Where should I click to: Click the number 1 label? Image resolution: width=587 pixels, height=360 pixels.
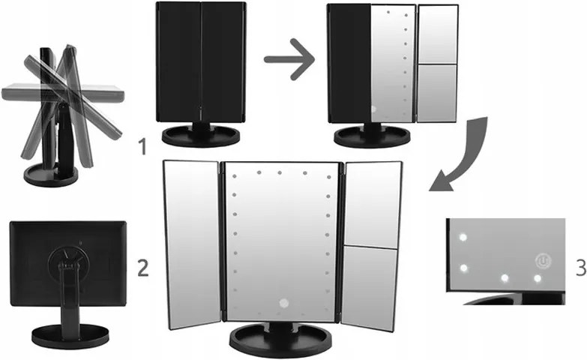pos(142,146)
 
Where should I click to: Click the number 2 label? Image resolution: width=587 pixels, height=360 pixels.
pos(143,268)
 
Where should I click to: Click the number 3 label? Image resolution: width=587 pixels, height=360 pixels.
pos(582,268)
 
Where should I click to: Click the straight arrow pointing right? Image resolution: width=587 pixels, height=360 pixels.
pos(289,59)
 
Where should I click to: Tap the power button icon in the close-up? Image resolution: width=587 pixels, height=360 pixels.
pos(541,260)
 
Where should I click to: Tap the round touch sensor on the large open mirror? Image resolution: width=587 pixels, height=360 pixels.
pos(284,303)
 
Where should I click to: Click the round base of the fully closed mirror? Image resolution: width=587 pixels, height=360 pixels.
pos(201,136)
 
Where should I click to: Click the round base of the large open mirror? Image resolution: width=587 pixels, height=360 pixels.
pos(281,338)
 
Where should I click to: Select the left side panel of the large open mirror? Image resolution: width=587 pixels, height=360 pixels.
pos(192,244)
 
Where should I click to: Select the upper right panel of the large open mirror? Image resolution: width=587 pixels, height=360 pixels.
pos(372,205)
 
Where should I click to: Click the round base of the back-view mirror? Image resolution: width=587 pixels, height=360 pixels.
pos(70,336)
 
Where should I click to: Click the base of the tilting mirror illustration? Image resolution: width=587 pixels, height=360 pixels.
pos(50,175)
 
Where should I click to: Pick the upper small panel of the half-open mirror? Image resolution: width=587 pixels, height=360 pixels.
pos(437,34)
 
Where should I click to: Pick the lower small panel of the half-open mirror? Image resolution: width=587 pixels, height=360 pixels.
pos(437,93)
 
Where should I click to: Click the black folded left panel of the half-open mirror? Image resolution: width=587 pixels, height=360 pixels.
pos(349,63)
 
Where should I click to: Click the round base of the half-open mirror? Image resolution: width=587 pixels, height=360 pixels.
pos(372,136)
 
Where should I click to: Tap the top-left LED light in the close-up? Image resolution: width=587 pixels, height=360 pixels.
pos(463,237)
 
